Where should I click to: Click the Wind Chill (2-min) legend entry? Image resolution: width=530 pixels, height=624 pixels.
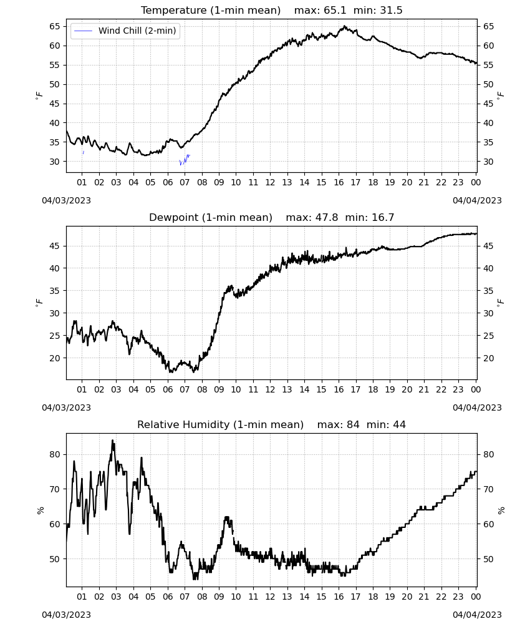pos(125,31)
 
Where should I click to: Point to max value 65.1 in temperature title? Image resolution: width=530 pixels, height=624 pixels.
pos(335,10)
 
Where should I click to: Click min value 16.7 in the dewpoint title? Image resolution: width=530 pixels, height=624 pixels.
pos(383,217)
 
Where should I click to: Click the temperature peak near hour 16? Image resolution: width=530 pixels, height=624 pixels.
pos(344,26)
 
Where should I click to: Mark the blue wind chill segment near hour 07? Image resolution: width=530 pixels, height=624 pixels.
pos(185,160)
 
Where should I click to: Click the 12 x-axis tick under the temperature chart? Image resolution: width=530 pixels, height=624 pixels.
pos(270,182)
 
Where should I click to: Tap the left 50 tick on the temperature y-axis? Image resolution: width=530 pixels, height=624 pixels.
pos(55,84)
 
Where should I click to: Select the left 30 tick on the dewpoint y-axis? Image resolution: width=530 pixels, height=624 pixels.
pos(55,313)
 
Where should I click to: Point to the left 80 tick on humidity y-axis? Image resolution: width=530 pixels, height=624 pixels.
pos(55,454)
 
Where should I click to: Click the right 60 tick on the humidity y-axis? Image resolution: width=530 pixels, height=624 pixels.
pos(488,524)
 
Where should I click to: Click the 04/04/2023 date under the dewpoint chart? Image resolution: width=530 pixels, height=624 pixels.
pos(477,407)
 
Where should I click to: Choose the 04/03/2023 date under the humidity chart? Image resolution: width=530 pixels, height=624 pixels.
pos(66,615)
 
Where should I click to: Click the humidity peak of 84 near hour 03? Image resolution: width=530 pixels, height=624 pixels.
pos(112,441)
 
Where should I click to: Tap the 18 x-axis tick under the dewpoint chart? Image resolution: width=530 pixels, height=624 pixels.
pos(373,389)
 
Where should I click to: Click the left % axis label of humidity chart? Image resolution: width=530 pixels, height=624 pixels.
pos(41,510)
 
